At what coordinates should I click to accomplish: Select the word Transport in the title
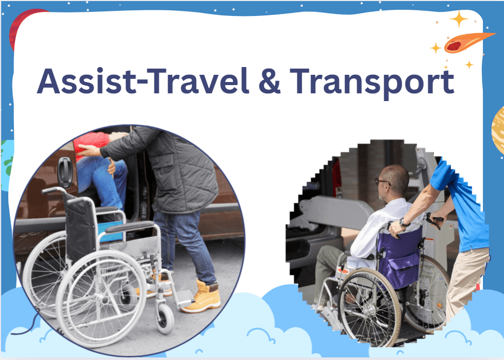(x=372, y=81)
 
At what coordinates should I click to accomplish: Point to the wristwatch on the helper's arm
(x=403, y=223)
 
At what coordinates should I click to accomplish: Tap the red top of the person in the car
(x=90, y=142)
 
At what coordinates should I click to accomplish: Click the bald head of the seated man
(x=394, y=175)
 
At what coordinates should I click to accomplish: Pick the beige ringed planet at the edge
(x=498, y=129)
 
